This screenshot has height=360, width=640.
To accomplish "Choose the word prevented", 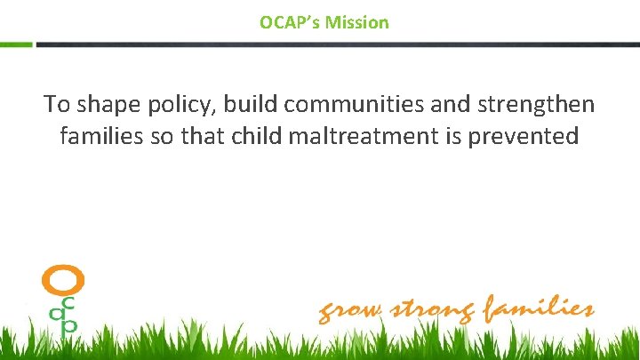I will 532,137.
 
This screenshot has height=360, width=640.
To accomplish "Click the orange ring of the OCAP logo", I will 63,281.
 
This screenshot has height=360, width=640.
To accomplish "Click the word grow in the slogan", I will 350,312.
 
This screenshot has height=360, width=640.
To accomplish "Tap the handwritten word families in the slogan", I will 539,309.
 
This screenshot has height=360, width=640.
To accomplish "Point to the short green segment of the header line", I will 16,44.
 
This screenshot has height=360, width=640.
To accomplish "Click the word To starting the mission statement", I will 57,104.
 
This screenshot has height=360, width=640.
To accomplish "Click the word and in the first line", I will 433,104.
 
